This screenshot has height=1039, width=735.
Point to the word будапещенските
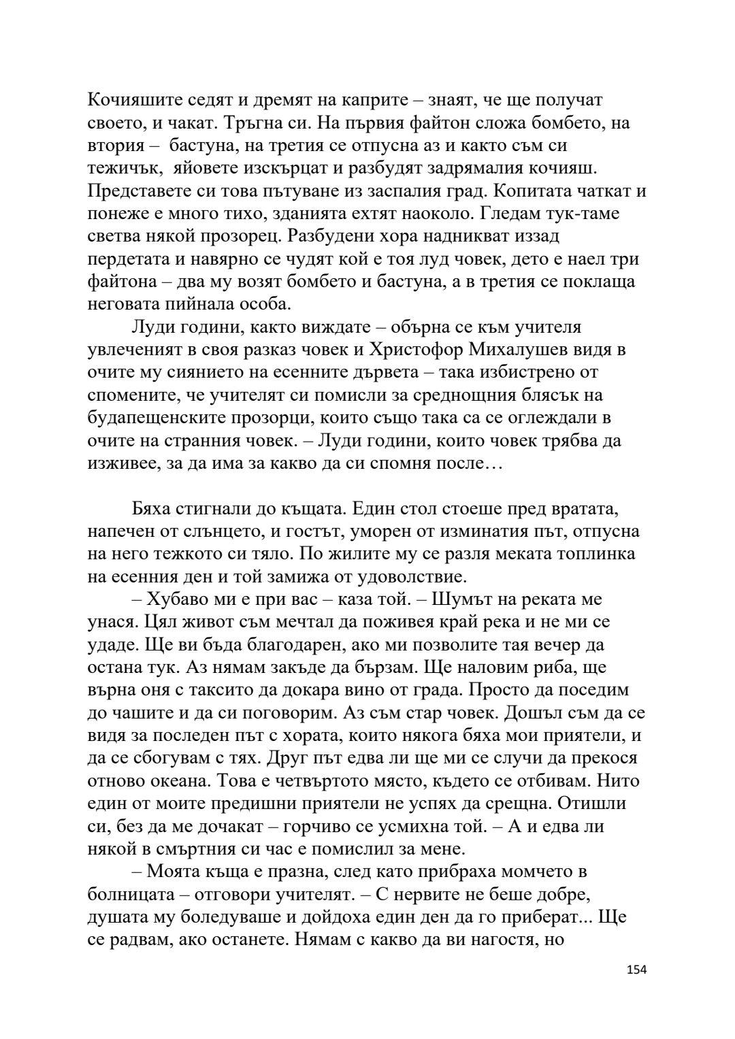click(173, 418)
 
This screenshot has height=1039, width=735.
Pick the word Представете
click(144, 191)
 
